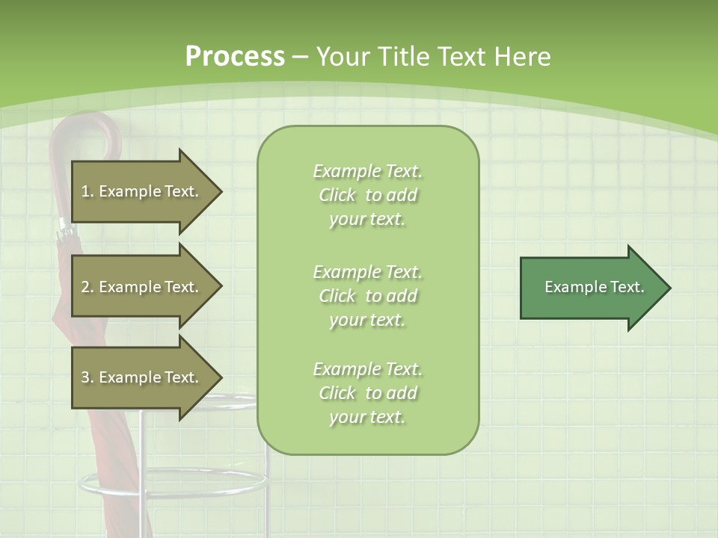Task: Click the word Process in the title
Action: pyautogui.click(x=235, y=57)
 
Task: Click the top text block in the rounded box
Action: pyautogui.click(x=367, y=195)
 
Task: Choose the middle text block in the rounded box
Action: pyautogui.click(x=367, y=296)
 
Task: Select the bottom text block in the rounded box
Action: pyautogui.click(x=367, y=393)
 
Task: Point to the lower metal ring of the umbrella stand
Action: pyautogui.click(x=172, y=483)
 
